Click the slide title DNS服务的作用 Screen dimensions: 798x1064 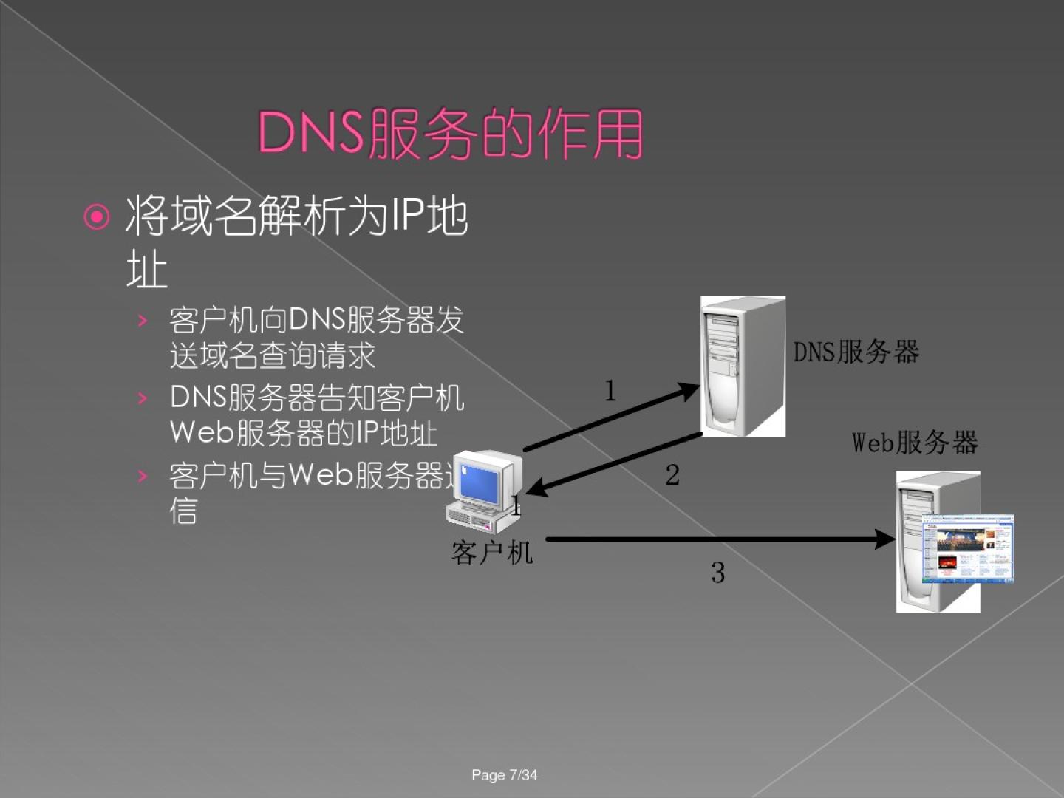(450, 134)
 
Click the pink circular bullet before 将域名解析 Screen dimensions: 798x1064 (97, 217)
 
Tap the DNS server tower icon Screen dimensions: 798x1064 (742, 366)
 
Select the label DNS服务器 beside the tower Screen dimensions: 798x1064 (856, 352)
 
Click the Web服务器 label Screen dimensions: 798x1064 (915, 443)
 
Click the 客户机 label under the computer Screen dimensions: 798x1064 (492, 552)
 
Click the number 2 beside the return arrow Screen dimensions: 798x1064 (672, 475)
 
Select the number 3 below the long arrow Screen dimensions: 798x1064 (718, 573)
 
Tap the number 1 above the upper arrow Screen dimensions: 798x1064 (610, 391)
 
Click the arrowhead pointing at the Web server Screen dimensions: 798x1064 (885, 539)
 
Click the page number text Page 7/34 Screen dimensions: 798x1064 (505, 775)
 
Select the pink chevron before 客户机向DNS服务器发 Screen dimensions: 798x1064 (143, 321)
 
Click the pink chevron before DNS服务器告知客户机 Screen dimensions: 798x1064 (143, 398)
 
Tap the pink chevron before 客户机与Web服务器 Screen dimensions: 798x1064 (143, 476)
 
